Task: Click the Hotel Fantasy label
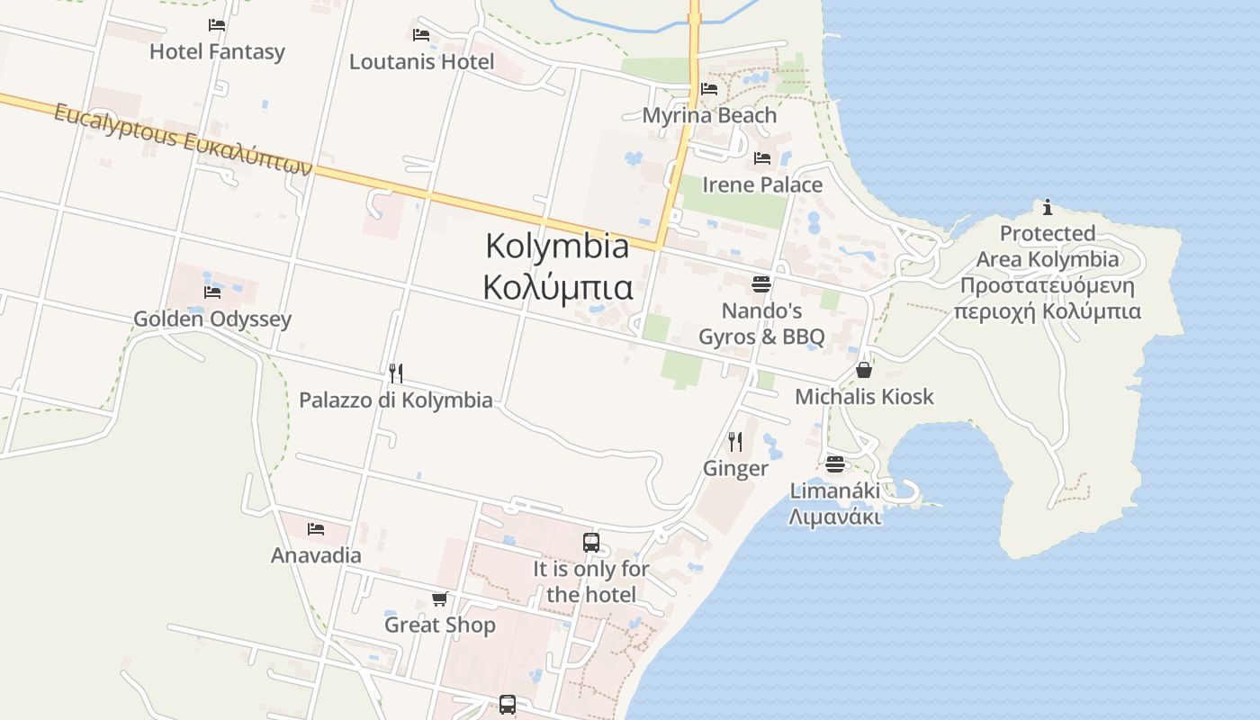[217, 52]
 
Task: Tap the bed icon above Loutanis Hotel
[420, 35]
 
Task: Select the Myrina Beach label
[709, 115]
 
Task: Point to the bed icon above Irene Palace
[762, 158]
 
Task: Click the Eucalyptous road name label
[183, 139]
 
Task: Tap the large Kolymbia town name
[557, 246]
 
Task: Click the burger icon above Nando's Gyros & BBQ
[761, 285]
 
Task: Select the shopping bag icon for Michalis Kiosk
[864, 370]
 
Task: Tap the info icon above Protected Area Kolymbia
[1048, 208]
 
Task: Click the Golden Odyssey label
[212, 319]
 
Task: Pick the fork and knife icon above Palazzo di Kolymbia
[395, 373]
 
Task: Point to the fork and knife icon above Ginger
[735, 441]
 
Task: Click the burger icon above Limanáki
[835, 464]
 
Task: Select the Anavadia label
[316, 555]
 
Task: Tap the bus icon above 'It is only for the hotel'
[591, 543]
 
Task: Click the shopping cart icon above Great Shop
[439, 598]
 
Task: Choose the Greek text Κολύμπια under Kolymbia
[557, 288]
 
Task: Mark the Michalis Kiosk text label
[864, 397]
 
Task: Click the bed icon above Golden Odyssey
[212, 292]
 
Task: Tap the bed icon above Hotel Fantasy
[217, 25]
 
